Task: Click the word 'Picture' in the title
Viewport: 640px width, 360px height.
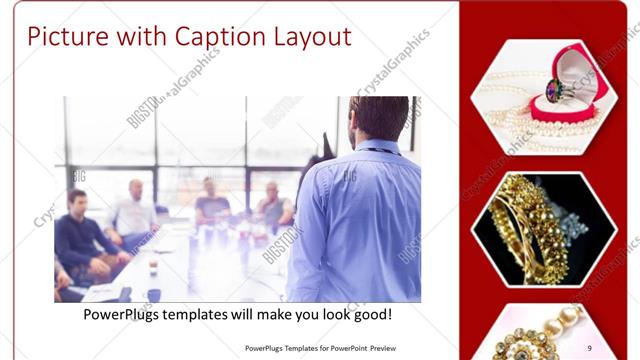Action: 68,37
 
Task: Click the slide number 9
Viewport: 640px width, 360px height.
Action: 589,348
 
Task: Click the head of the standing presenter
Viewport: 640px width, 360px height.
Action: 379,118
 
